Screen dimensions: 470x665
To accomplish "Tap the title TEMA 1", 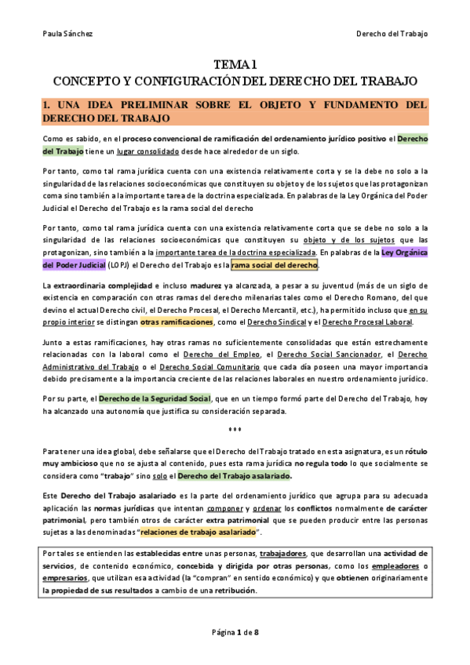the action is tap(235, 65).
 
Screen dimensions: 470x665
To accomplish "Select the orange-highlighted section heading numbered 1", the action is tap(235, 111).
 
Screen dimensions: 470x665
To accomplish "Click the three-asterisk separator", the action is tap(235, 430).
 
